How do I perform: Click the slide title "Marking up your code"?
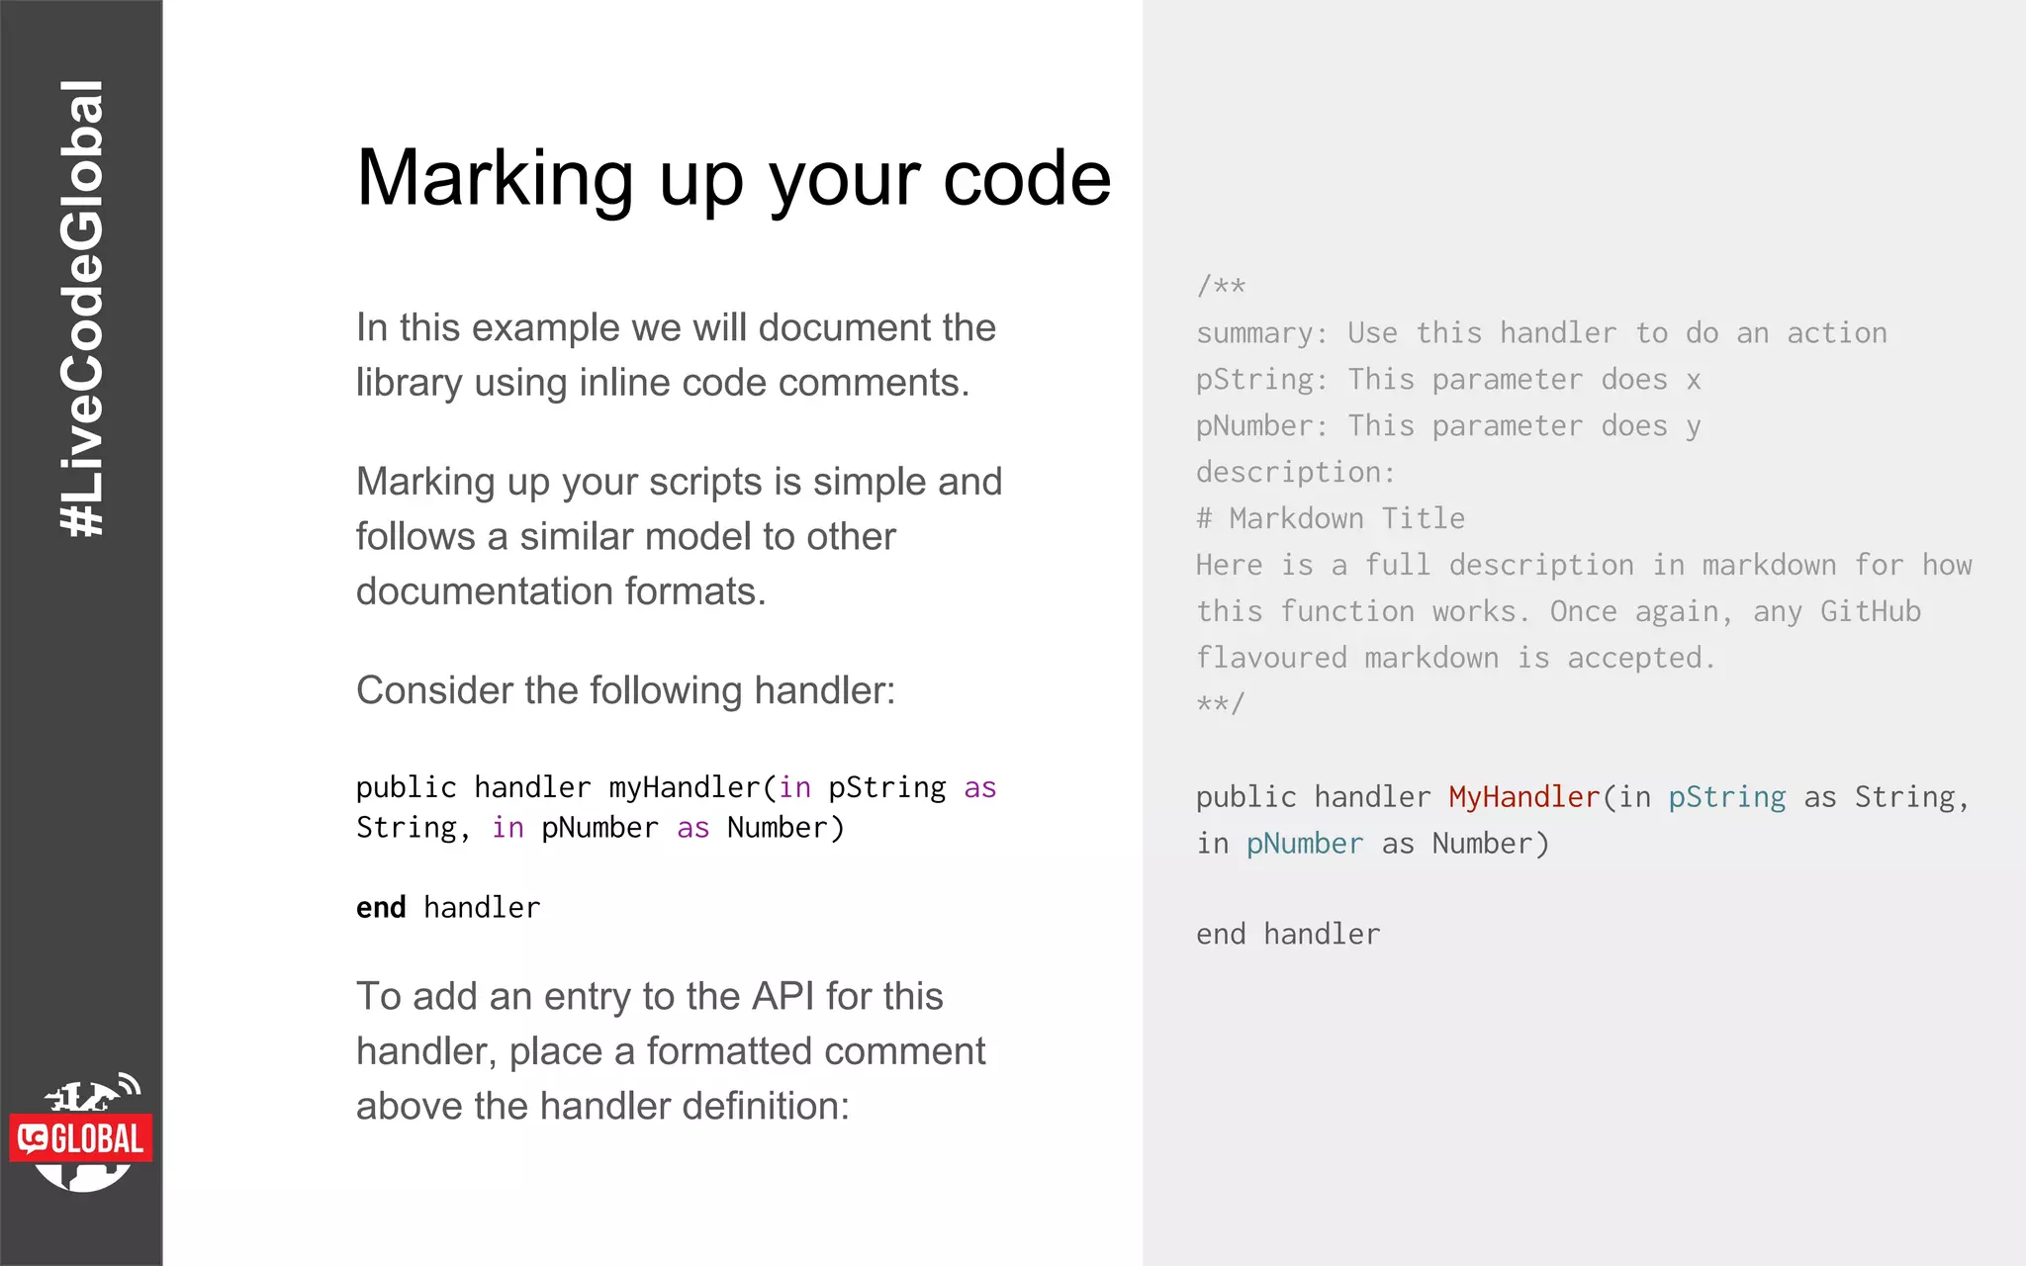733,179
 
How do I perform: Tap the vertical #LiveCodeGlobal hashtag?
82,309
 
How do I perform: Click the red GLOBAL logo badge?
82,1138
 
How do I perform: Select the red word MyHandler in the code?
1523,797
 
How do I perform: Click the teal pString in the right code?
1726,797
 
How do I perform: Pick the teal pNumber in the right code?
1304,844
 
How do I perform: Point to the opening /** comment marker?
1221,287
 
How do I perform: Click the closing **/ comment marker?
1221,704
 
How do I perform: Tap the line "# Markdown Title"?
1330,518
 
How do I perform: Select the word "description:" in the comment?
1295,473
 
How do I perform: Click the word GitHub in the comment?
1870,611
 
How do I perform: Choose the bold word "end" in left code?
381,907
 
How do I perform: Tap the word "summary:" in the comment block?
1261,333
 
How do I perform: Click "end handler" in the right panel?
1287,935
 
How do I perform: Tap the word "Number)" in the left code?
785,828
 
